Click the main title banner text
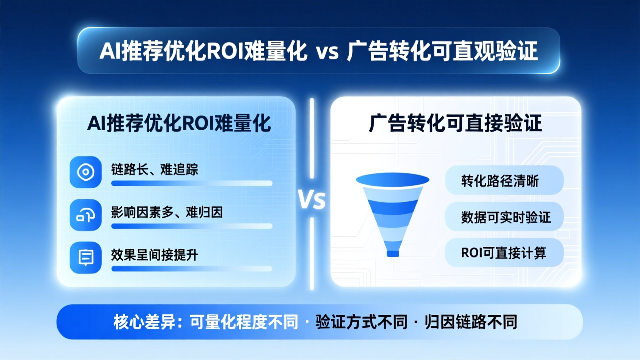318,51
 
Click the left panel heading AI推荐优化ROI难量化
179,123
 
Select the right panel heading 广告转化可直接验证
455,123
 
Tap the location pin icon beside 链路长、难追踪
86,172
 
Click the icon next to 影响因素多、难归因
86,215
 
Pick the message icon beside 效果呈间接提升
86,257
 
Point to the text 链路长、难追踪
155,169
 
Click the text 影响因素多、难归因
167,212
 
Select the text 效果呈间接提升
155,255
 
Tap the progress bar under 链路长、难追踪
192,183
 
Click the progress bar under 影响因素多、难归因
192,226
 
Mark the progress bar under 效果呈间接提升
192,269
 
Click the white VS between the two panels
312,200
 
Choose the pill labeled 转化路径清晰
504,181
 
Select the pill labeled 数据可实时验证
504,217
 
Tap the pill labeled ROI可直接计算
504,253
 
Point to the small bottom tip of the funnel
393,253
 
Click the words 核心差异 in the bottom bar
144,322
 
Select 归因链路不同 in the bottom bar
471,322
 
